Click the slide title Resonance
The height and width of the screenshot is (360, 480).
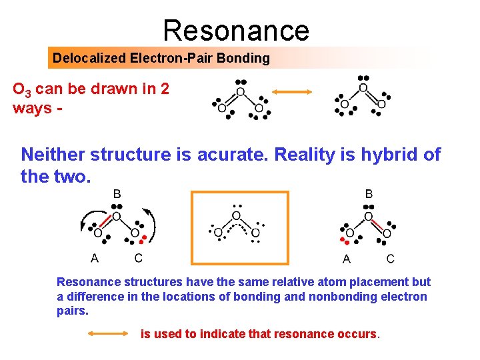(x=236, y=30)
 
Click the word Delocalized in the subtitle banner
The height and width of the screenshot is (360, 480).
(x=88, y=58)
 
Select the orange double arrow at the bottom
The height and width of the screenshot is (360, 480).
(x=109, y=333)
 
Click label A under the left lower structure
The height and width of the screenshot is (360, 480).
(x=95, y=258)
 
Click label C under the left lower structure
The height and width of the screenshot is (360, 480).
(x=138, y=258)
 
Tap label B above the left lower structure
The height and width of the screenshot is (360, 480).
(x=117, y=194)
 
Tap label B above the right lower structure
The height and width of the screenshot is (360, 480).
(x=369, y=194)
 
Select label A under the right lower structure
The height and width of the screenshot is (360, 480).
(x=347, y=259)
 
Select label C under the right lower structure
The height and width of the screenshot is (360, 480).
(x=390, y=259)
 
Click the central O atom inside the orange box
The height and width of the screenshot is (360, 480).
(x=237, y=216)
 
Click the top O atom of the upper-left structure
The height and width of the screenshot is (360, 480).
(x=240, y=91)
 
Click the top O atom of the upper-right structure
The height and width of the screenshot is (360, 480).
(x=363, y=88)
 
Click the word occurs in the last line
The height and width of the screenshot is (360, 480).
(x=358, y=334)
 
